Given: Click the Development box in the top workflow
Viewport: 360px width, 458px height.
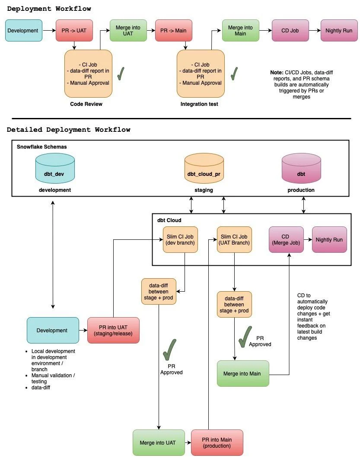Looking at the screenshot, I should coord(24,30).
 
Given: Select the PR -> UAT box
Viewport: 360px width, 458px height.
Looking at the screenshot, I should coord(74,30).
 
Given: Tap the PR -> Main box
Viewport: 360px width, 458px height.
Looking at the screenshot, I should coord(173,30).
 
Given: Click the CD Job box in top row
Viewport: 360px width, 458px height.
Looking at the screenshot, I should coord(290,30).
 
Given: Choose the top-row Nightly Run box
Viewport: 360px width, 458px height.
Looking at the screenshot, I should coord(339,30).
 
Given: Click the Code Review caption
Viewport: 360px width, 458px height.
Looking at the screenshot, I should coord(86,104).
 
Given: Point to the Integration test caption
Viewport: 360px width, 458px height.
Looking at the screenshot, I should coord(199,104).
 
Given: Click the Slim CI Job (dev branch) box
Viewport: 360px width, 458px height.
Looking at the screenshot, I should coord(181,239).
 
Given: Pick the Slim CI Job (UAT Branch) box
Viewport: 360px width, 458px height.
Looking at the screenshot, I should coord(234,239).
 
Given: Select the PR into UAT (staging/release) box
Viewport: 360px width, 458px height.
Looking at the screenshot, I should coord(113,330).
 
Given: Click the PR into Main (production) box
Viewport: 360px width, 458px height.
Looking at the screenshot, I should coord(217,442).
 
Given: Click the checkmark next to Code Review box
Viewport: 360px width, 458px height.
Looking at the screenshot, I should coord(121,73).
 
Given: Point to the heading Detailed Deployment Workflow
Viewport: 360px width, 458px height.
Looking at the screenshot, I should coord(68,130).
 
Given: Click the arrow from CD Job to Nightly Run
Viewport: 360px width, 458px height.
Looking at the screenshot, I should coord(314,30).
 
